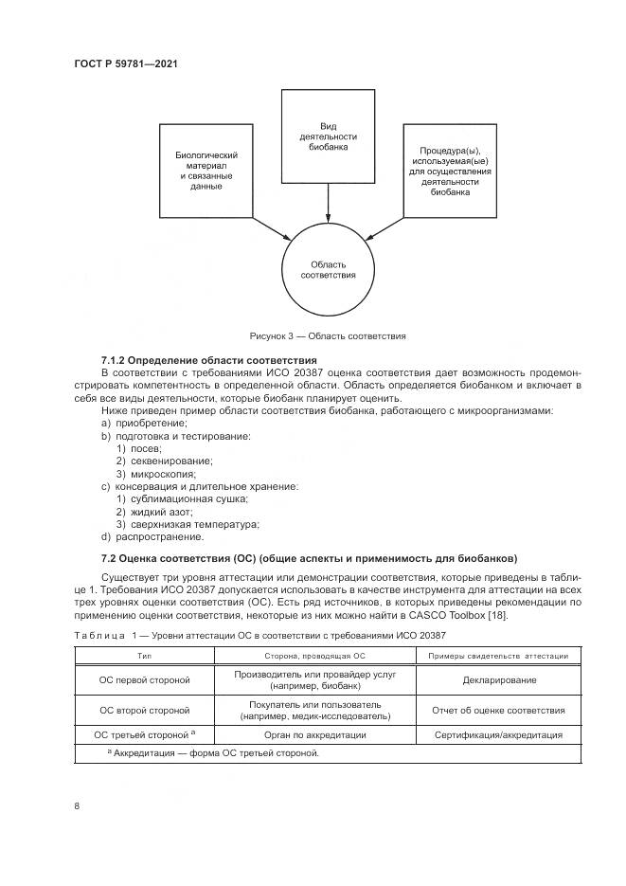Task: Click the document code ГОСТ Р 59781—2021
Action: click(x=126, y=63)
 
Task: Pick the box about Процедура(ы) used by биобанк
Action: click(x=449, y=171)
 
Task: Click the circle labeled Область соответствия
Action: click(x=328, y=269)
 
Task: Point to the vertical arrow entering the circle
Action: click(x=328, y=204)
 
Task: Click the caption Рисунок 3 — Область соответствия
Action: click(x=328, y=335)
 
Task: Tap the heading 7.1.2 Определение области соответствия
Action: click(x=208, y=361)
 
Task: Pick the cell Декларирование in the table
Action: click(x=500, y=679)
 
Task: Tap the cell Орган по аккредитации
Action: click(x=328, y=734)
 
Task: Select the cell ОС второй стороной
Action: click(x=145, y=710)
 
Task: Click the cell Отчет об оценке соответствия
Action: click(x=500, y=710)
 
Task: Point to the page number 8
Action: click(x=77, y=805)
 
